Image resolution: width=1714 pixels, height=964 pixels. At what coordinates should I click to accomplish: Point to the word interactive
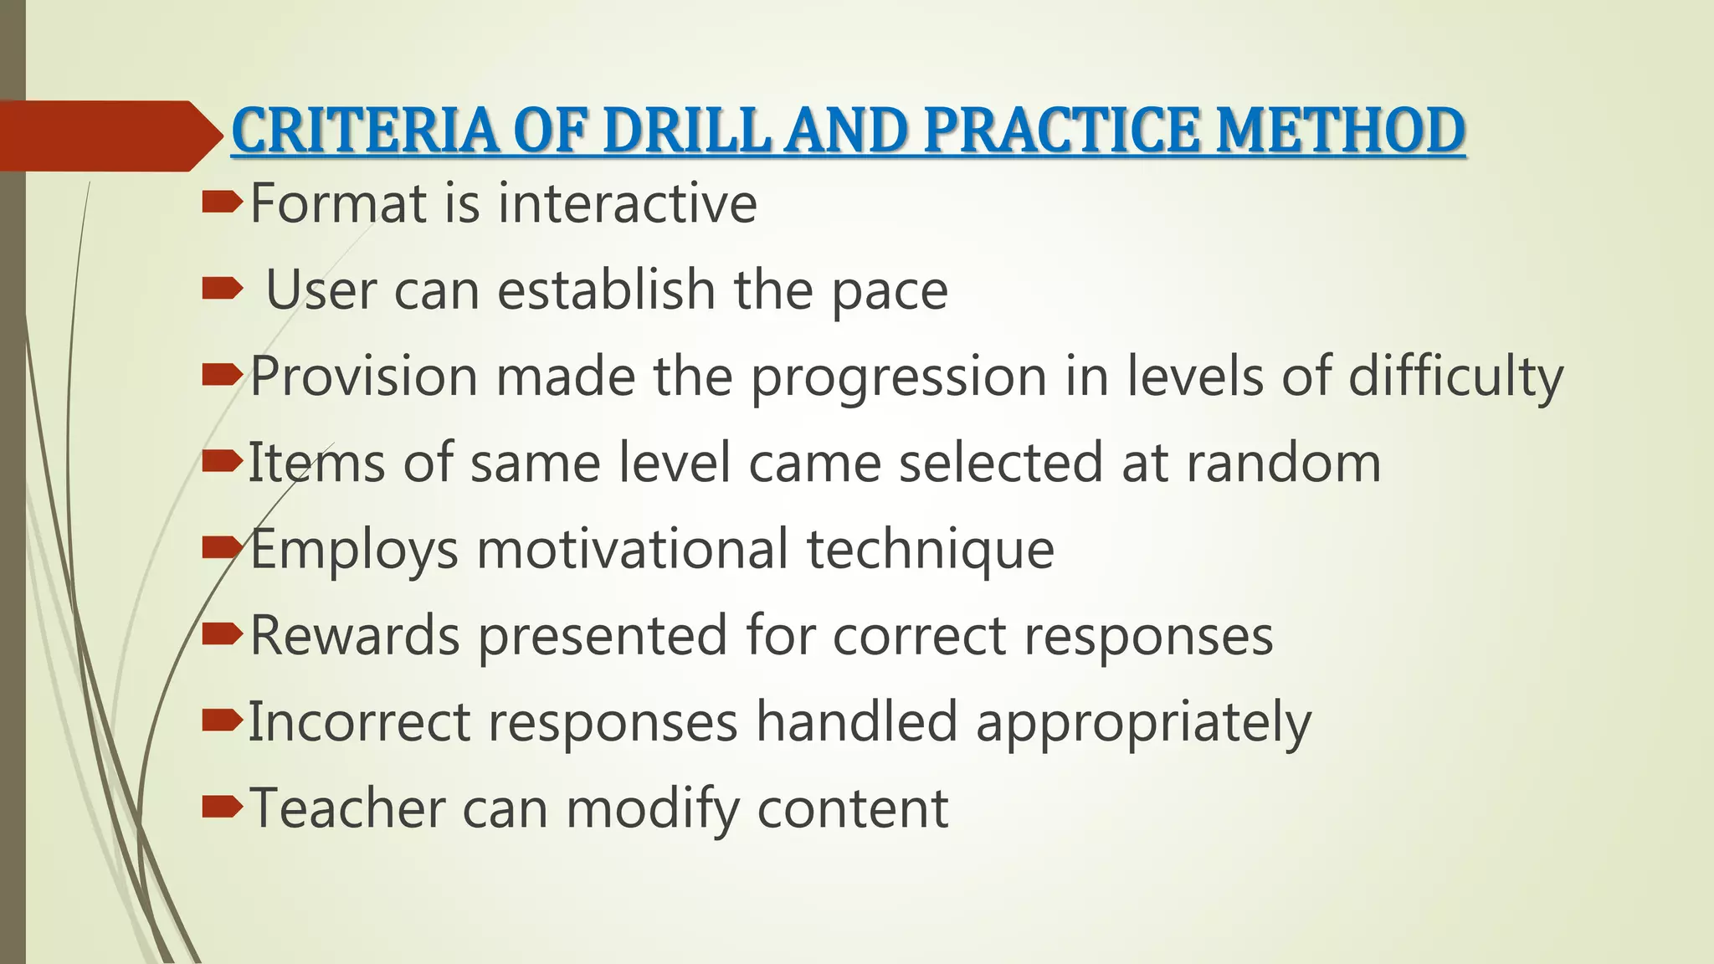627,203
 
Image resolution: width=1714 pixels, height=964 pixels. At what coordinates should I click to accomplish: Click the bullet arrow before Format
222,202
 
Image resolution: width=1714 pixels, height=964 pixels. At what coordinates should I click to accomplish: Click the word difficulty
1455,377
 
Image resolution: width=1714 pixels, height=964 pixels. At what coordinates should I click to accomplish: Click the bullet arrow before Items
222,461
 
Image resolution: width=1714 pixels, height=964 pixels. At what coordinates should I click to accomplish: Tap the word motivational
632,549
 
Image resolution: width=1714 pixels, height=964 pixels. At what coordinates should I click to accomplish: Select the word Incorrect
359,721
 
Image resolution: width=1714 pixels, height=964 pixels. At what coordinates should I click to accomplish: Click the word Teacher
347,808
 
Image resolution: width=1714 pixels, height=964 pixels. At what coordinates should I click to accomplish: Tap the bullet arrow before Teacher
222,807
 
